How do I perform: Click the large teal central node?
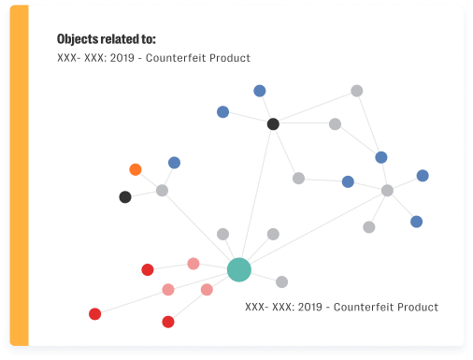[x=239, y=270]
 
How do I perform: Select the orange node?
[x=136, y=169]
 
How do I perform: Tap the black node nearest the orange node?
[x=125, y=197]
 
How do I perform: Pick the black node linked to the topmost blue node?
[x=273, y=123]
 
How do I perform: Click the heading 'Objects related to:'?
[x=106, y=39]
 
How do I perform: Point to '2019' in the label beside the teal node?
[x=309, y=307]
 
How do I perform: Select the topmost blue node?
[x=260, y=91]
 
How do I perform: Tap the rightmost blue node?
[x=423, y=176]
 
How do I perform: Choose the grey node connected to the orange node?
[x=162, y=191]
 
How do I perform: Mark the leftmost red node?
[x=94, y=314]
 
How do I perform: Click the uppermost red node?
[x=148, y=270]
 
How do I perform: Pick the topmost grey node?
[x=356, y=91]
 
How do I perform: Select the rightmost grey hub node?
[x=387, y=191]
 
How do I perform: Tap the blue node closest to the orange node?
[x=174, y=163]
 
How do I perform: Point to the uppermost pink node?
[x=193, y=264]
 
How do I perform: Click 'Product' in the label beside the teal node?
[x=416, y=307]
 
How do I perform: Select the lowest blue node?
[x=416, y=222]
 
